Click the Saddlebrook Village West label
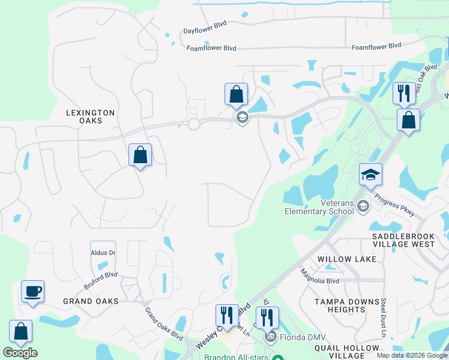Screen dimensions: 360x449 [x=403, y=239]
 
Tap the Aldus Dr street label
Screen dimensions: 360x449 [x=103, y=253]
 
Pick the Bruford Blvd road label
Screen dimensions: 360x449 [x=100, y=280]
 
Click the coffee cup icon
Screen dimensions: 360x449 [x=32, y=292]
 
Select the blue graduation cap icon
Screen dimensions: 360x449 [x=370, y=175]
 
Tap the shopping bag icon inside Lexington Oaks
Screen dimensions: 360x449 [x=140, y=155]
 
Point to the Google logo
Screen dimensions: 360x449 [x=20, y=353]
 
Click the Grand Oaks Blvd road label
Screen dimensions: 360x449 [x=164, y=324]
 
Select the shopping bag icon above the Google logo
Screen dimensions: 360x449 [x=20, y=331]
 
